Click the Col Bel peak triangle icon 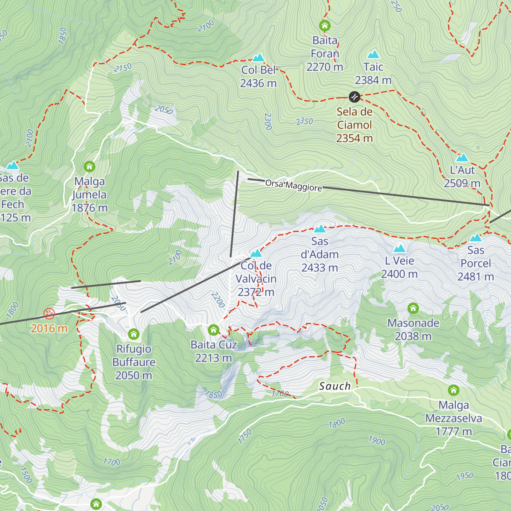[x=258, y=58]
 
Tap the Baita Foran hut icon [x=325, y=26]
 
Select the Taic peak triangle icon [x=373, y=55]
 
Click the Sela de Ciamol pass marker [x=354, y=97]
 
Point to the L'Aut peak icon [x=462, y=158]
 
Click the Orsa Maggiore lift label [x=293, y=186]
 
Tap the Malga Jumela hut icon [x=89, y=166]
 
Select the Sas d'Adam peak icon [x=320, y=229]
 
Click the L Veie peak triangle [x=399, y=249]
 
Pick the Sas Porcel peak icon [x=476, y=238]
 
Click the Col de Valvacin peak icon [x=256, y=253]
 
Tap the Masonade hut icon [x=413, y=308]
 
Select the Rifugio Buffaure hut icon [x=134, y=334]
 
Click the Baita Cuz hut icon [x=213, y=330]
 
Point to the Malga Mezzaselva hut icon [x=454, y=390]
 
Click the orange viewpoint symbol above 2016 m [x=49, y=314]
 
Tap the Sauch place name [x=335, y=386]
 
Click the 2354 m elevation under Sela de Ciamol [x=354, y=138]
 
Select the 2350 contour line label [x=304, y=122]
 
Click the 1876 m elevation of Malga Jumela [x=89, y=208]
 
